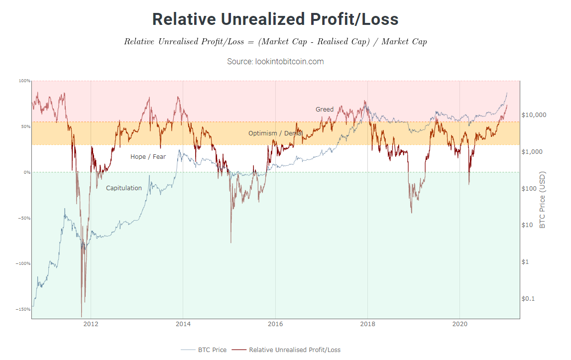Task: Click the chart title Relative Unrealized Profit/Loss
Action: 275,19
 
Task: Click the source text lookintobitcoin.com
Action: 275,61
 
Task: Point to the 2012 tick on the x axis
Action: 91,324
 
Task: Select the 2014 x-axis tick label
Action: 183,324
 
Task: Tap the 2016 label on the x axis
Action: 275,324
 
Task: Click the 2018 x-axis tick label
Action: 367,324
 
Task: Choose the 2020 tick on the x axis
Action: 460,324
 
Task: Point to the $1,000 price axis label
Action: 532,152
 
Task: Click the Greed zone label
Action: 325,110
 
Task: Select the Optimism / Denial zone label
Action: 275,133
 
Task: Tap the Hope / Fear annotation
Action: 148,157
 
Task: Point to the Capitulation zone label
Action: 123,188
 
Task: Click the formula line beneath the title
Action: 275,41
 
